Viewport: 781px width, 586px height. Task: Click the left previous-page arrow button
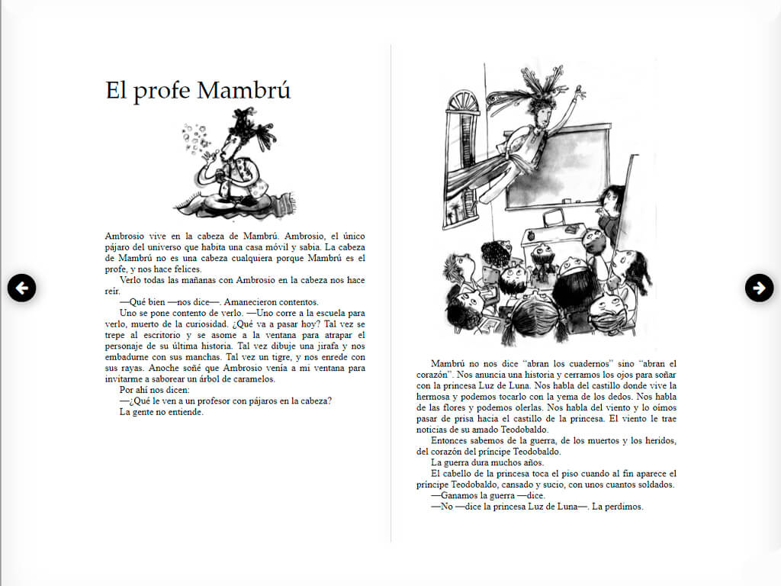pyautogui.click(x=22, y=288)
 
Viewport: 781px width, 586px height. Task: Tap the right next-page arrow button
pyautogui.click(x=759, y=288)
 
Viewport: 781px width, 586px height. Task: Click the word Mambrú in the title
pyautogui.click(x=244, y=90)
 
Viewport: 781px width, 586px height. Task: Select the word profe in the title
pyautogui.click(x=162, y=90)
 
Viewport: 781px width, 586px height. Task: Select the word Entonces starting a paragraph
pyautogui.click(x=451, y=440)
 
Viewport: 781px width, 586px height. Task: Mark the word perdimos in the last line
pyautogui.click(x=624, y=506)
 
